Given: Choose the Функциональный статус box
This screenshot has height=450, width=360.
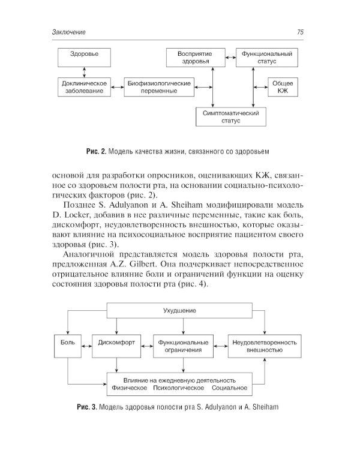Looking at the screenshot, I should pos(266,58).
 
